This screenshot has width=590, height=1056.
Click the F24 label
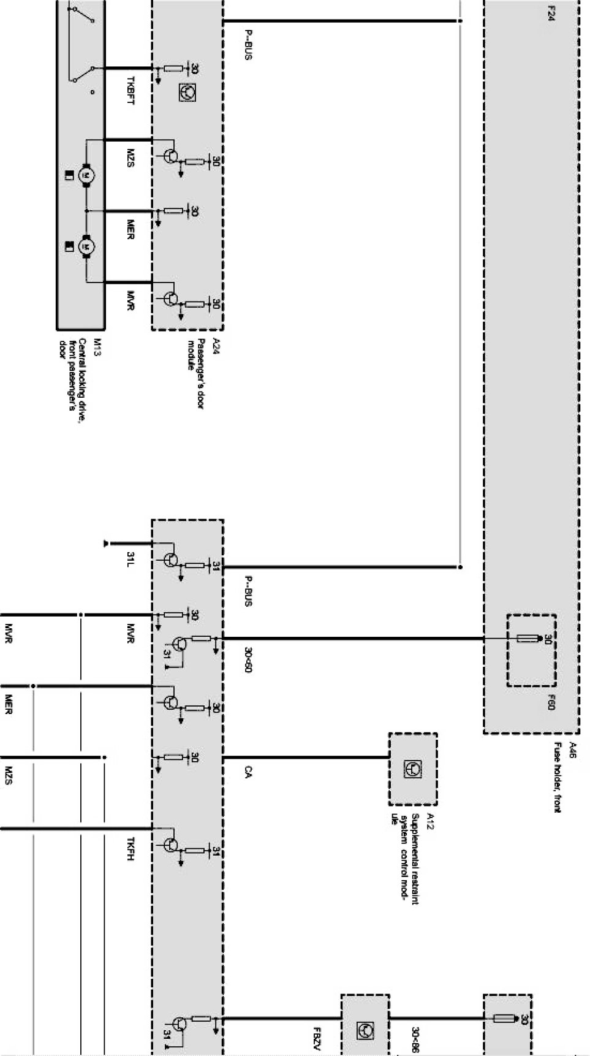pyautogui.click(x=551, y=13)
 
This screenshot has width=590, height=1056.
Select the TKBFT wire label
pyautogui.click(x=130, y=90)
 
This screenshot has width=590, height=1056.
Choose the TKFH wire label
pyautogui.click(x=130, y=848)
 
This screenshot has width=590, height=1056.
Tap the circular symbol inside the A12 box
pyautogui.click(x=412, y=769)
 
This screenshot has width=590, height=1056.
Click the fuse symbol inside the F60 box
pyautogui.click(x=528, y=639)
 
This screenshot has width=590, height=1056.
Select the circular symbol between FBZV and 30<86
pyautogui.click(x=365, y=1031)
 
